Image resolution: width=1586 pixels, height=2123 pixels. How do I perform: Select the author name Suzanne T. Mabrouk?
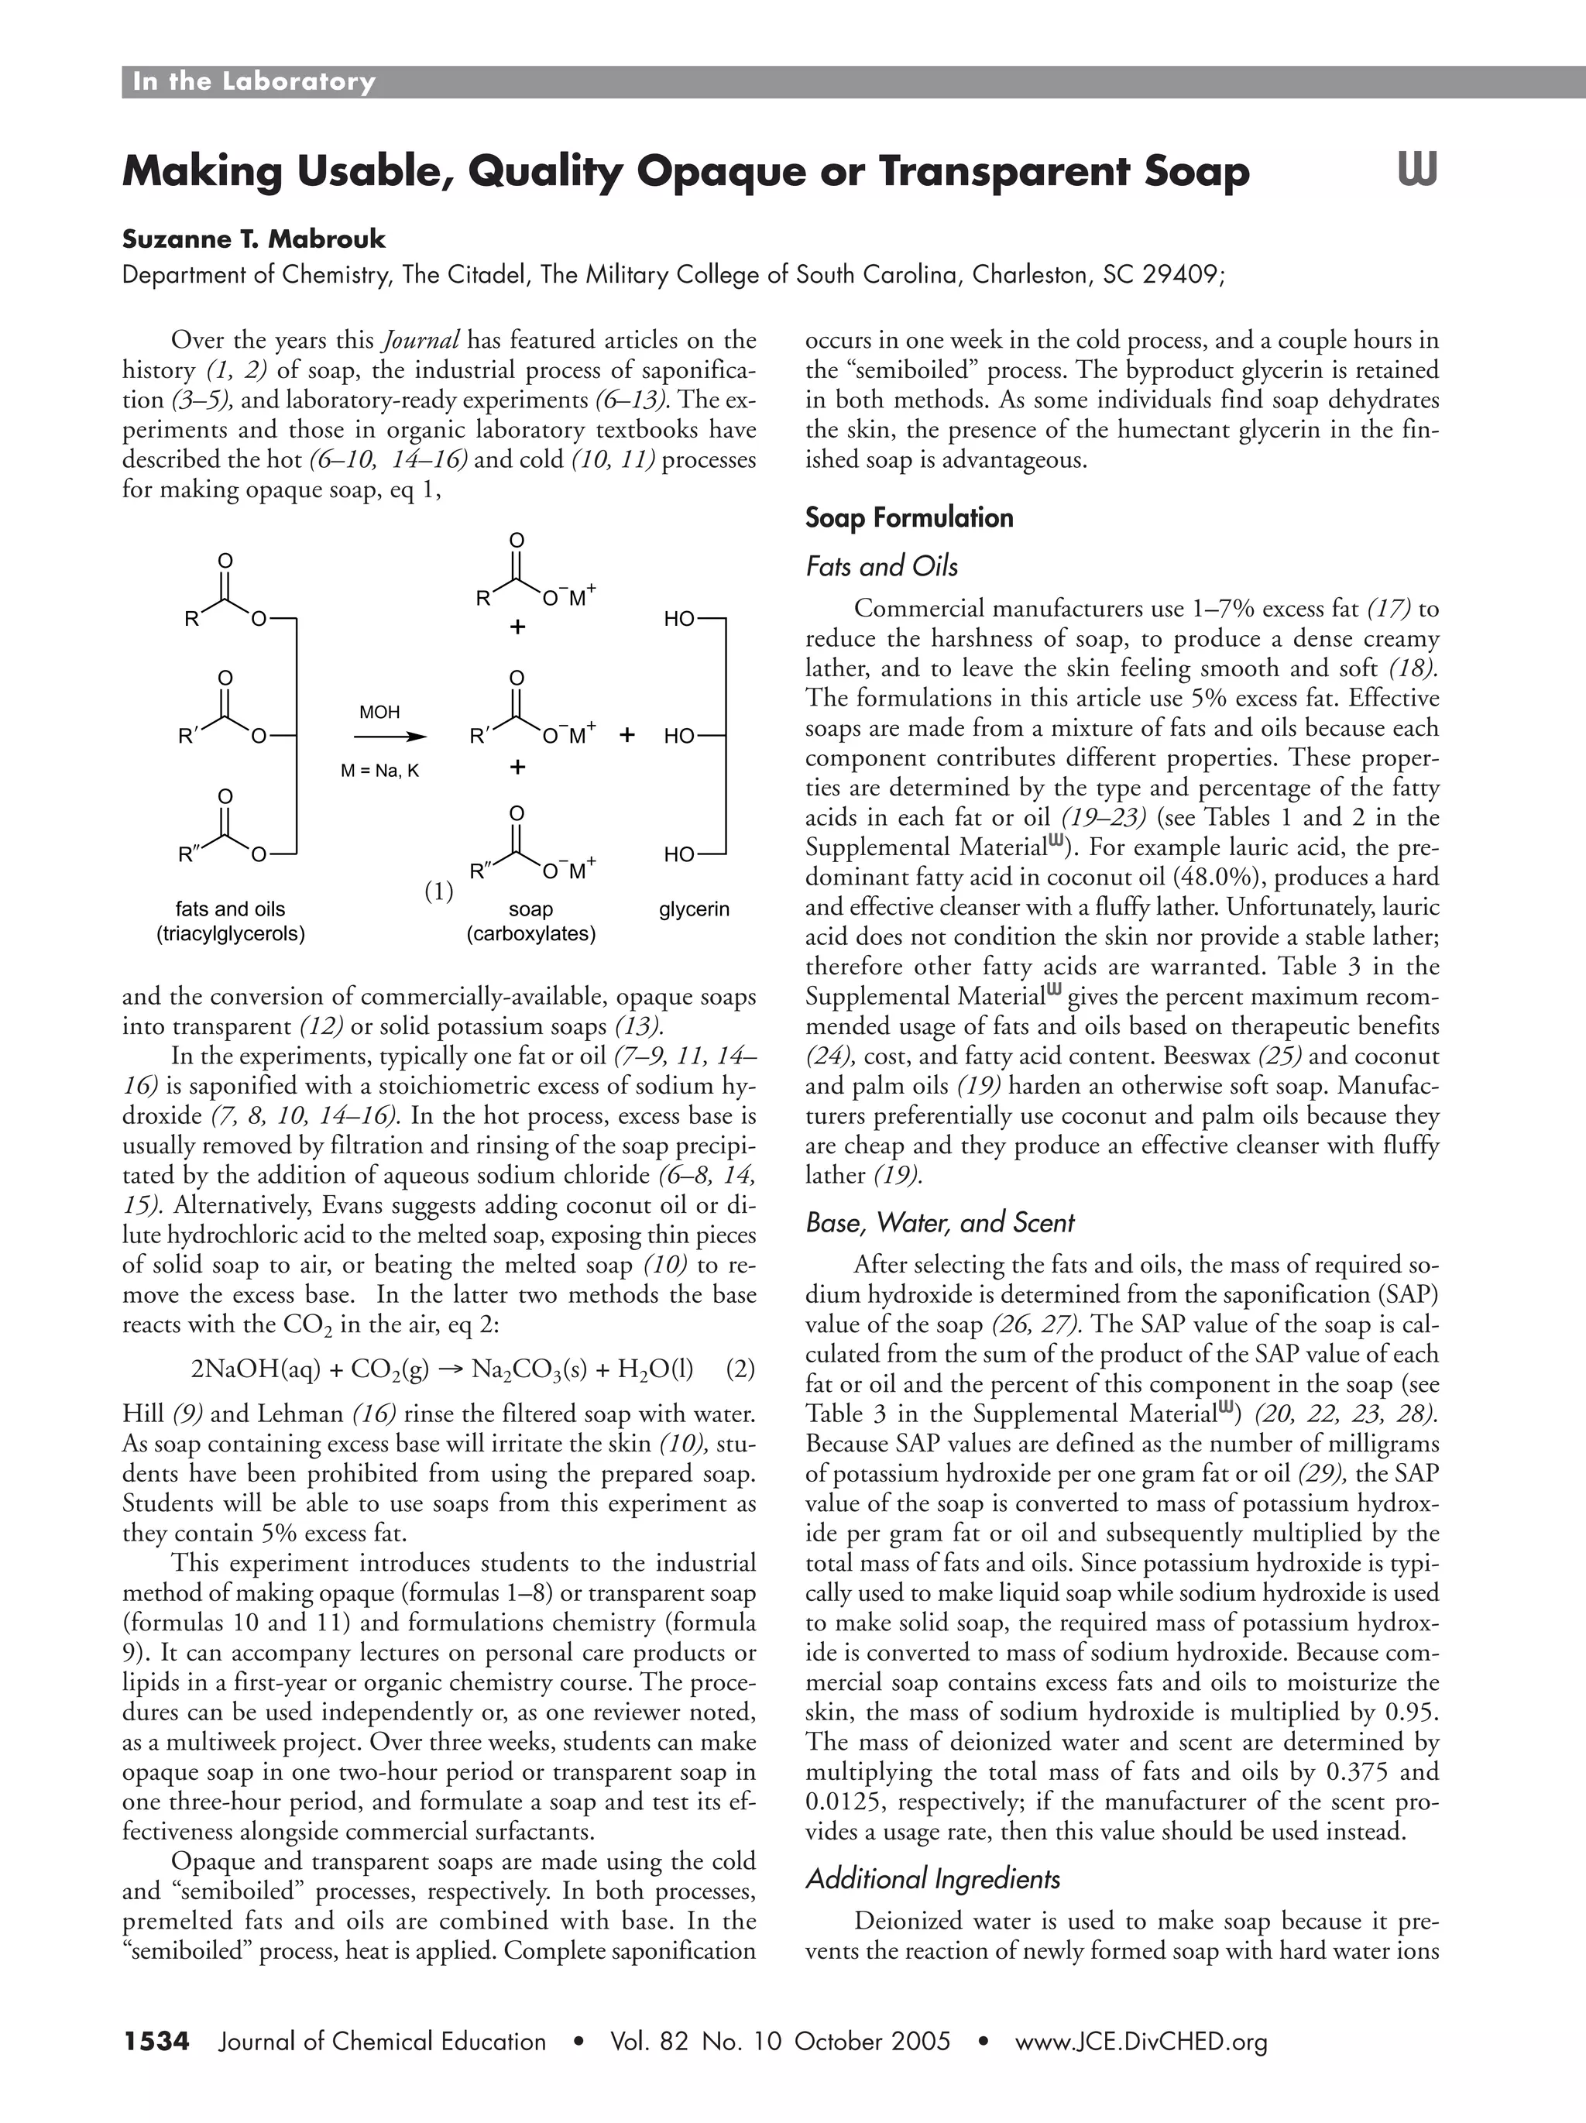[x=253, y=238]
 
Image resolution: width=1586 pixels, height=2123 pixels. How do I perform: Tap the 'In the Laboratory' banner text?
[x=253, y=81]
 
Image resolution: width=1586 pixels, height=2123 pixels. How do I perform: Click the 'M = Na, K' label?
[x=380, y=771]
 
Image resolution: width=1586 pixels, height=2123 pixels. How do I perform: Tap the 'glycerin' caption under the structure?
[x=694, y=909]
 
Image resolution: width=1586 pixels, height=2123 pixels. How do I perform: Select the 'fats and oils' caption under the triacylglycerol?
[x=230, y=908]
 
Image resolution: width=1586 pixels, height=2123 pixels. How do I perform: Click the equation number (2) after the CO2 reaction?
[x=740, y=1369]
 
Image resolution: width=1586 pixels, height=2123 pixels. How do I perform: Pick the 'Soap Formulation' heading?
[x=908, y=518]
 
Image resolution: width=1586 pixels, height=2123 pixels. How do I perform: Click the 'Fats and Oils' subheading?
[x=882, y=567]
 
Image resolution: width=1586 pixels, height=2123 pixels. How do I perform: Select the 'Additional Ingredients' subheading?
[x=932, y=1878]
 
